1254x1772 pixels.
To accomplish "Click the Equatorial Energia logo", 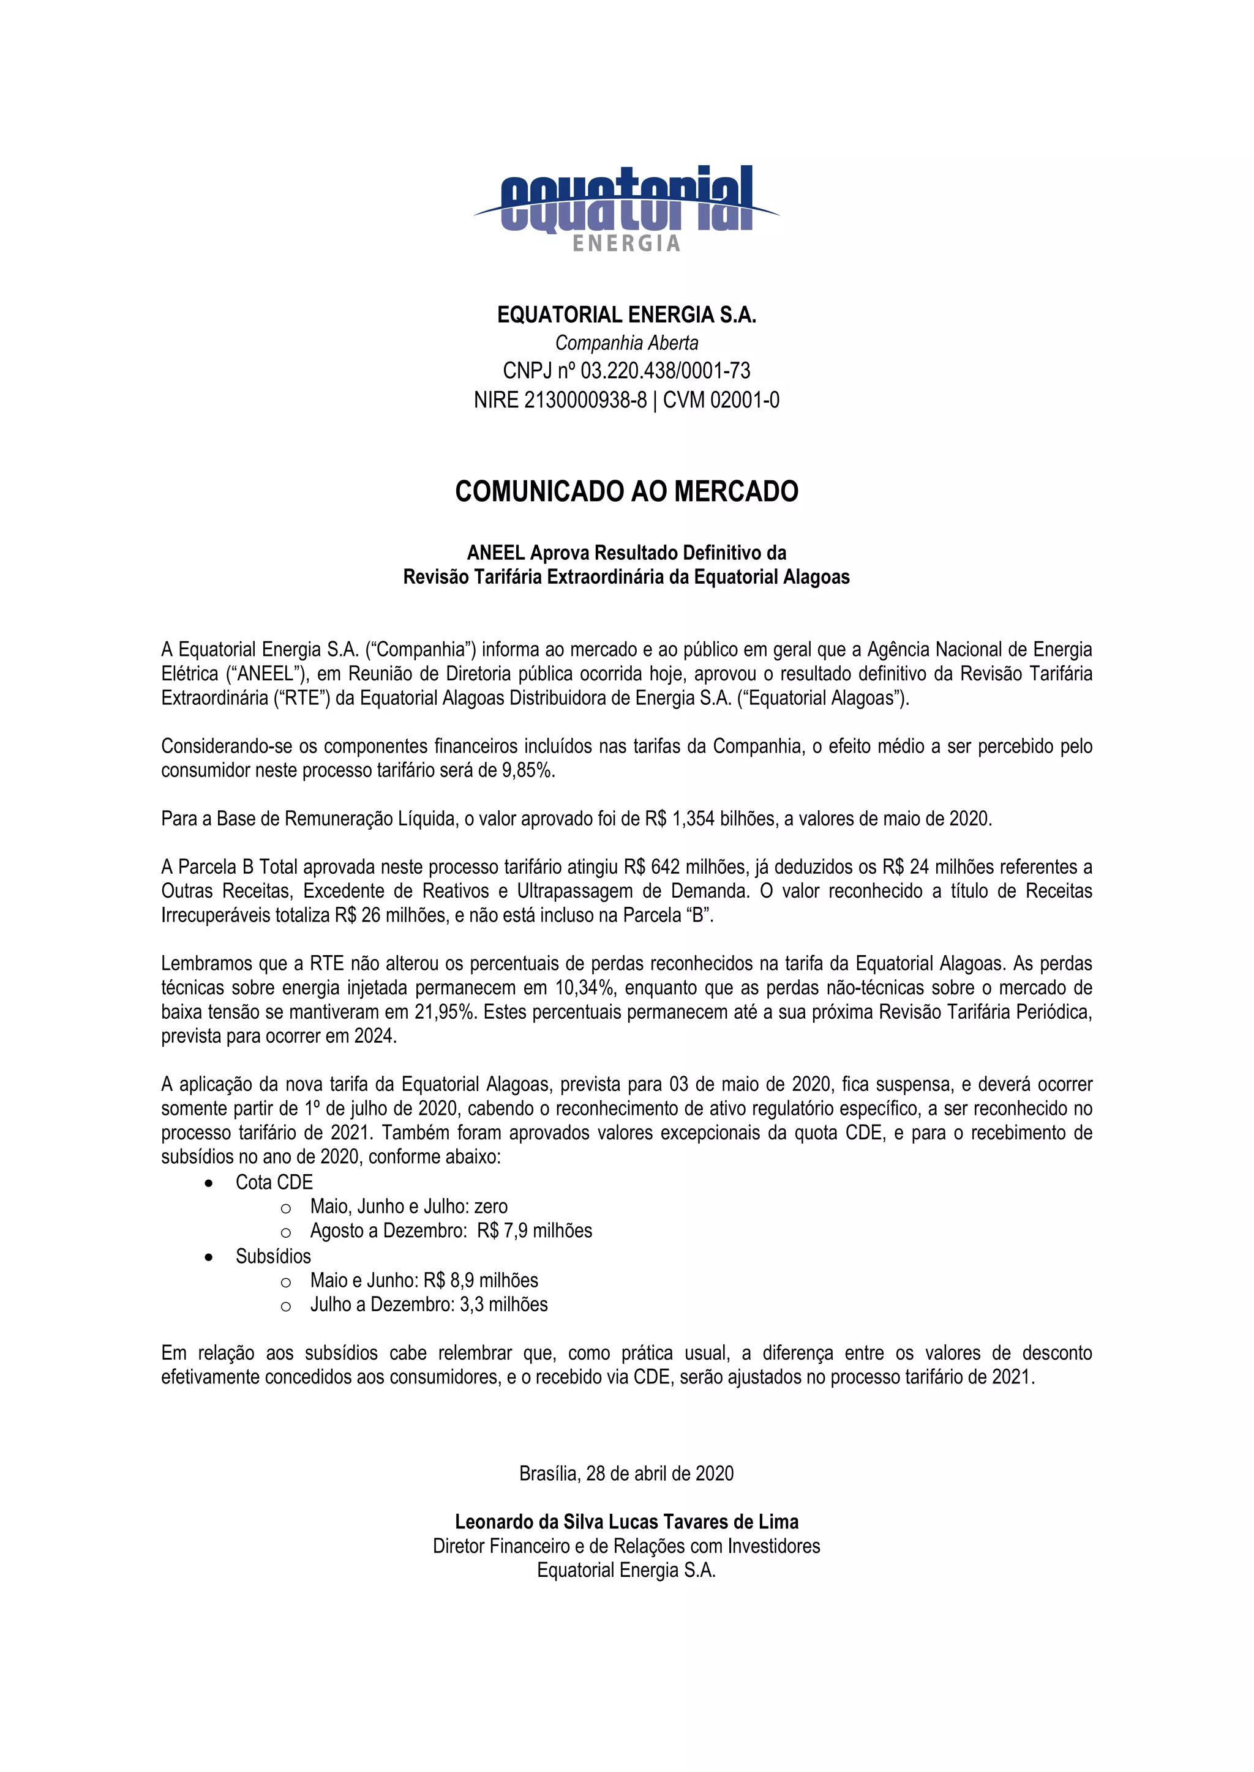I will (626, 207).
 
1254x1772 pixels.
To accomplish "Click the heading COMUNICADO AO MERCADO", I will (626, 491).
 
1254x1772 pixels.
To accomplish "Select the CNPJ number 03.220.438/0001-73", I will (665, 371).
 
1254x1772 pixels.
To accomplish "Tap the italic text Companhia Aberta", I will (626, 343).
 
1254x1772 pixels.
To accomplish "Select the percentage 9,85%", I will (528, 770).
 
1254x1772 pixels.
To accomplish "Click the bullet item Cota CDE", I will (274, 1182).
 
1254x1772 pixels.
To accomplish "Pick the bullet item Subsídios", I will (273, 1256).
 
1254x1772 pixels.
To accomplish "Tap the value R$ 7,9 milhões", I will (535, 1230).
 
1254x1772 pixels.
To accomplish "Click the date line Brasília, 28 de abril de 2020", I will (626, 1473).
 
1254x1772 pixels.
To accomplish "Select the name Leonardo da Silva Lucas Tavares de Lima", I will (626, 1522).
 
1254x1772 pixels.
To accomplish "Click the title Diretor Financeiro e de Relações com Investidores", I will (626, 1546).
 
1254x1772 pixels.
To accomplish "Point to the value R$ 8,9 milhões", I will (480, 1281).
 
